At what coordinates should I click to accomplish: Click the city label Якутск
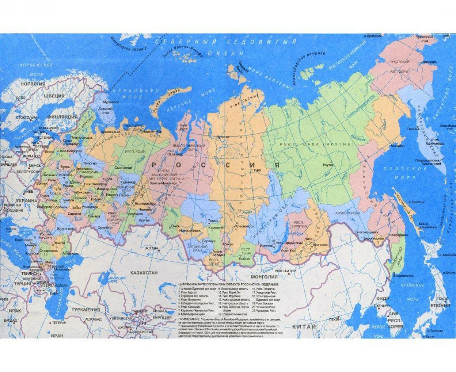(x=328, y=165)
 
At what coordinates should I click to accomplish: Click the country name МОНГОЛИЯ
(x=264, y=277)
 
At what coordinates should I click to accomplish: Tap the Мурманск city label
(x=111, y=102)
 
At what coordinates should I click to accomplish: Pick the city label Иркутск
(x=266, y=246)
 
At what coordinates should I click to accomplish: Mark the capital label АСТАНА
(x=151, y=248)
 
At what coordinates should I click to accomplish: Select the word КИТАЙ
(x=304, y=327)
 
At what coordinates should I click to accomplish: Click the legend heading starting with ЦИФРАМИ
(x=228, y=284)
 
